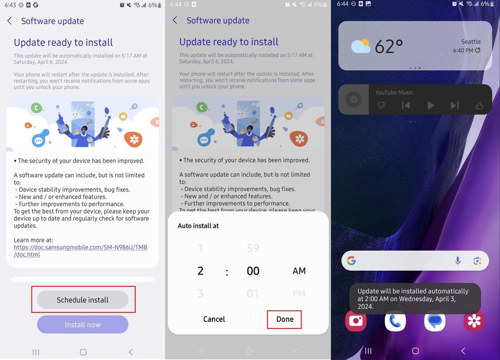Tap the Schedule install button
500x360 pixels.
point(82,300)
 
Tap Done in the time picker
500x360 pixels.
point(285,319)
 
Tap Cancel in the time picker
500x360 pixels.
point(214,319)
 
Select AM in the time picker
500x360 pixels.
point(299,271)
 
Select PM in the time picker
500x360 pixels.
point(299,293)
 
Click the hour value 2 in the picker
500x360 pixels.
point(201,271)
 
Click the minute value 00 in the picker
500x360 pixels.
point(253,271)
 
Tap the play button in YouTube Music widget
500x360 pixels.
point(430,105)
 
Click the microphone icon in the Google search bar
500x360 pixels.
point(457,260)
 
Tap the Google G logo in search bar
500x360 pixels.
point(352,260)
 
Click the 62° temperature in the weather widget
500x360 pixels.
point(389,47)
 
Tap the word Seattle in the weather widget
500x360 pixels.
point(471,42)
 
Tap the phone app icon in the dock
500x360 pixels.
point(395,321)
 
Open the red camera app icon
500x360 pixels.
point(356,321)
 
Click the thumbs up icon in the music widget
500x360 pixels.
point(479,105)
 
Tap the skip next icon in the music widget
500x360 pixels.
point(454,105)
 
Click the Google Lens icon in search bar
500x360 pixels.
point(477,260)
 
